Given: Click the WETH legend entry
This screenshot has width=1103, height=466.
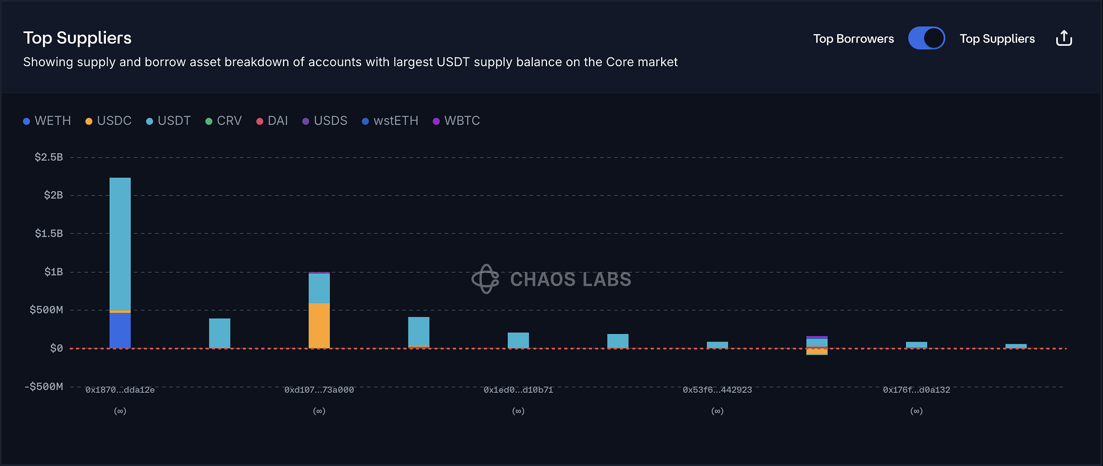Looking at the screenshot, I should [47, 121].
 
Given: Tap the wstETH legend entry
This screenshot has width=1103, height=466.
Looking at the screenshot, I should [390, 121].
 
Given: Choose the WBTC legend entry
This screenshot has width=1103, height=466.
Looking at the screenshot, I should [457, 121].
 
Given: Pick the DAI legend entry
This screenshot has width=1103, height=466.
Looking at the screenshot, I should [272, 121].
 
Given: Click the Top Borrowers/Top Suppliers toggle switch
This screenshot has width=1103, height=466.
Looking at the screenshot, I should [927, 39].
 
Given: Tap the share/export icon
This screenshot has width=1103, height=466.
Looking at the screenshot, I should [1064, 39].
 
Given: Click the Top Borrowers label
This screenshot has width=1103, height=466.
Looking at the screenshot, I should [853, 39].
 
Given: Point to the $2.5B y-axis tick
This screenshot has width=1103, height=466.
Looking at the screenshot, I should [49, 157].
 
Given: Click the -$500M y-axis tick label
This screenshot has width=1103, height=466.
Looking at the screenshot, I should [44, 387].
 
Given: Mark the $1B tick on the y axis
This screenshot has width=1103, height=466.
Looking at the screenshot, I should [53, 272].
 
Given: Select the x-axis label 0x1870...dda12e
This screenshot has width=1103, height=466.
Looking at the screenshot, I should [120, 390].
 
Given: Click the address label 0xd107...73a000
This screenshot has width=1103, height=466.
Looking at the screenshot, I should [319, 390].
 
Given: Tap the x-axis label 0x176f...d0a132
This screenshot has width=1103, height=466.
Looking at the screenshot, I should [917, 390].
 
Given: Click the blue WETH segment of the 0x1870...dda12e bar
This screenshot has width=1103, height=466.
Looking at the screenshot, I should [120, 330].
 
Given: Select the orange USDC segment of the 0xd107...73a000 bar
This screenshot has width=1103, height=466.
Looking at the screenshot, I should [319, 325].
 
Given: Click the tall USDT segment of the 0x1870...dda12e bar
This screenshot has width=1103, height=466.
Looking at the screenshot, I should [120, 243].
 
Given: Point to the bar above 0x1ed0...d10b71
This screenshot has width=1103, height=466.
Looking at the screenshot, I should [518, 340].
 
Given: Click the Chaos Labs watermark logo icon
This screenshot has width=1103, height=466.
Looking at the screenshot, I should [485, 279].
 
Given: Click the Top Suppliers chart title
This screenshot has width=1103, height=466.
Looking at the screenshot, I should [77, 38].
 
